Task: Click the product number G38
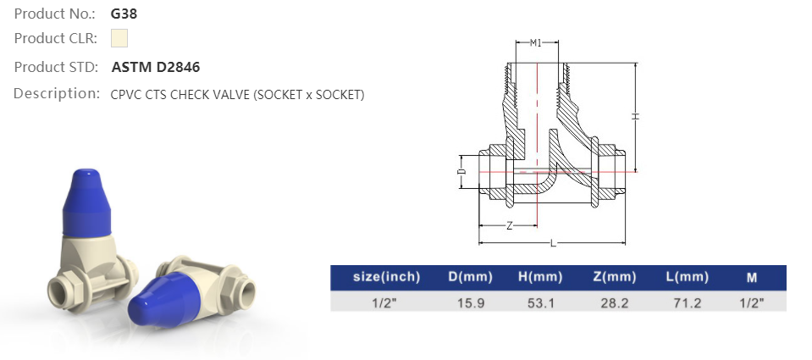124,14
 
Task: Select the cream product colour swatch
119,38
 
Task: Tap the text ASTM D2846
156,67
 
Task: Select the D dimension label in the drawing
461,171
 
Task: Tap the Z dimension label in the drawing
508,225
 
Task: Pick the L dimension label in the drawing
552,244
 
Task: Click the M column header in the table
752,277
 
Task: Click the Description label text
57,94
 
